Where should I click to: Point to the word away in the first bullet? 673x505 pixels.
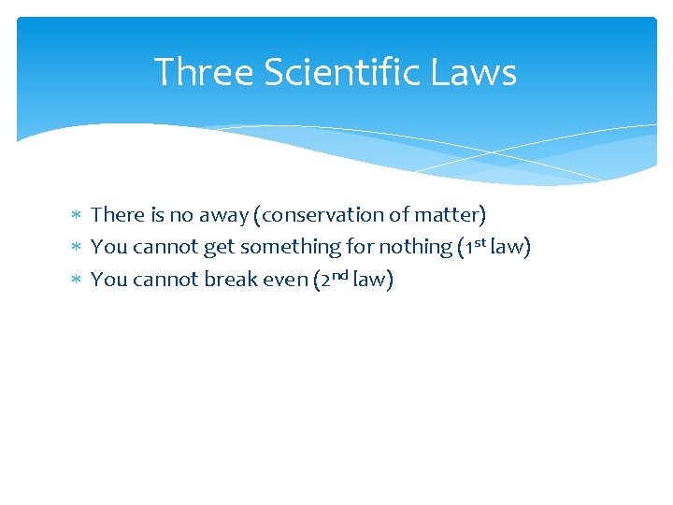click(x=226, y=216)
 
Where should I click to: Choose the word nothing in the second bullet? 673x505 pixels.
click(x=413, y=248)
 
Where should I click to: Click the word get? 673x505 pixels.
click(x=220, y=248)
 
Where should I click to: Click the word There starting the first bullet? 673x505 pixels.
click(x=116, y=215)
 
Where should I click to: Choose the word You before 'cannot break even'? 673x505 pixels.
click(x=108, y=279)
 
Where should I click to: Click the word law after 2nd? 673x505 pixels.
click(x=372, y=279)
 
